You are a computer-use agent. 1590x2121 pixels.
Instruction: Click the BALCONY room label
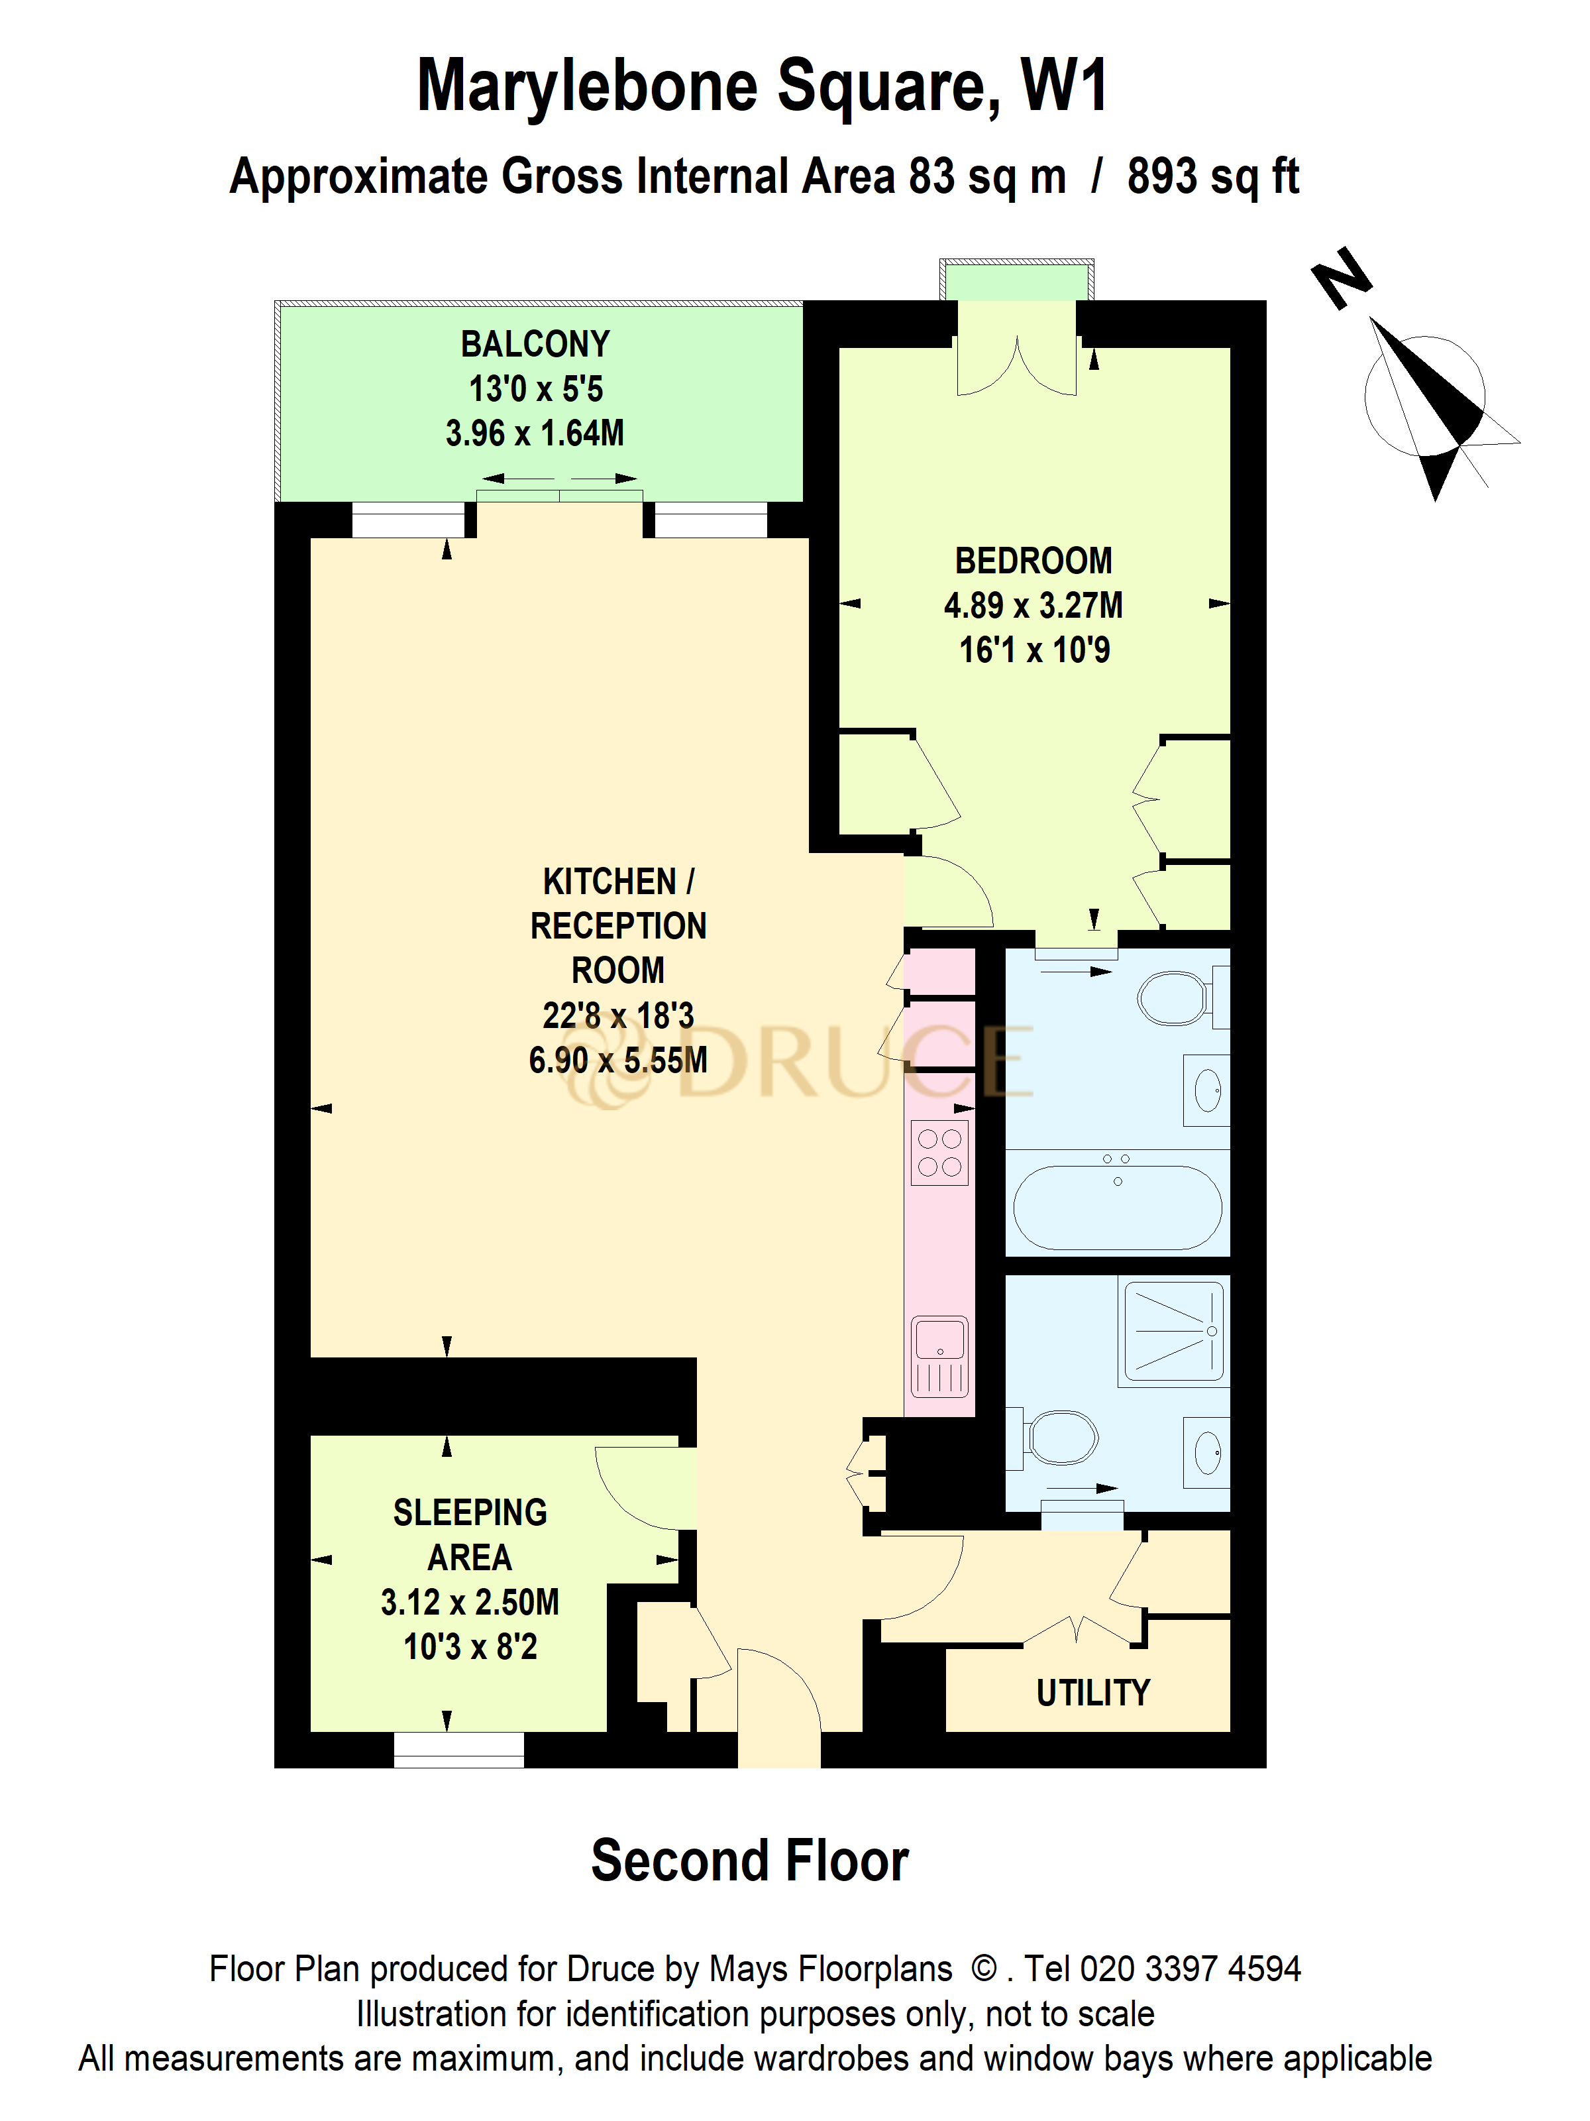point(535,344)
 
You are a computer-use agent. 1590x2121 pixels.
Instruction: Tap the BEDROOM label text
point(1033,561)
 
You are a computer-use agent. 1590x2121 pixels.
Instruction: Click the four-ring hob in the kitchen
point(939,1153)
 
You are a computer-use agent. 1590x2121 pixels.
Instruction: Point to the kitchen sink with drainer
point(940,1356)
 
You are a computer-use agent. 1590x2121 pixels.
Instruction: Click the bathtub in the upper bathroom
point(1116,1206)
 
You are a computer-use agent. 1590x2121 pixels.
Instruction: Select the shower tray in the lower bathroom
point(1174,1331)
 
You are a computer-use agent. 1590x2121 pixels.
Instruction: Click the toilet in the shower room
point(1059,1438)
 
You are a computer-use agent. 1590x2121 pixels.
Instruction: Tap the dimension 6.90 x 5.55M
point(618,1060)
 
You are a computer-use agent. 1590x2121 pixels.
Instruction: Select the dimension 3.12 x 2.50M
point(470,1602)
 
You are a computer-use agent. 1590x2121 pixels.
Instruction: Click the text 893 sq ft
point(1212,178)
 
